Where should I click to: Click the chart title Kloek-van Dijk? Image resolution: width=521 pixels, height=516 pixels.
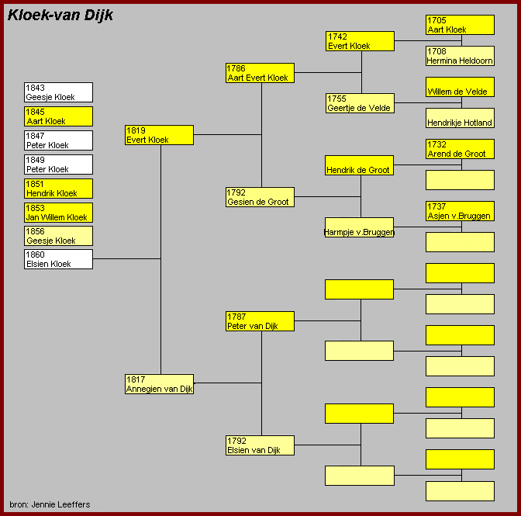click(60, 16)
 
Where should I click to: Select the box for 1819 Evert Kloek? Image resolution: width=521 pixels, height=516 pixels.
click(159, 135)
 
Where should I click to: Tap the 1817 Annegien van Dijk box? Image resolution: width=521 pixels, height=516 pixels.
click(159, 384)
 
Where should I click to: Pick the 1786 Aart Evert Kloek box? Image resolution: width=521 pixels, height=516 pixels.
click(260, 73)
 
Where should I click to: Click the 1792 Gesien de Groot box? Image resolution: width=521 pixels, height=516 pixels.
click(260, 197)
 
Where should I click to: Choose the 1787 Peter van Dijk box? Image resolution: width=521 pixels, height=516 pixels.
click(260, 321)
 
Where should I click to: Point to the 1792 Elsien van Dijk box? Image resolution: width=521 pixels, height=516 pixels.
click(260, 445)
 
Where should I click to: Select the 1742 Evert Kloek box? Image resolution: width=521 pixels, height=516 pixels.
click(360, 41)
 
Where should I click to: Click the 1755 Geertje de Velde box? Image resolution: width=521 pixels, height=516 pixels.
click(360, 103)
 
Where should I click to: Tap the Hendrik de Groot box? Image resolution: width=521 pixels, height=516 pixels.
click(359, 165)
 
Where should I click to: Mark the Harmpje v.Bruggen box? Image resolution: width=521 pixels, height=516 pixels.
click(359, 227)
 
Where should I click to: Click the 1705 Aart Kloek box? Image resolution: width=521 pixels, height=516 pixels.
click(460, 25)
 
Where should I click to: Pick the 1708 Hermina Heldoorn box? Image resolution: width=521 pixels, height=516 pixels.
click(460, 56)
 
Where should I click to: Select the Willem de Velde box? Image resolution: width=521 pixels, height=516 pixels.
click(460, 87)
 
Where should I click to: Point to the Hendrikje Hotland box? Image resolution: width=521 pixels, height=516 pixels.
click(460, 118)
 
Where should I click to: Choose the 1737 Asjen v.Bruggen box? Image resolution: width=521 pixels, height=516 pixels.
click(460, 211)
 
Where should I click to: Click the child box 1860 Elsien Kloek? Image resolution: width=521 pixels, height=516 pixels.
click(58, 259)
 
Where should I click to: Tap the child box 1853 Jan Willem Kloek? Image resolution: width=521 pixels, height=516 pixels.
click(58, 213)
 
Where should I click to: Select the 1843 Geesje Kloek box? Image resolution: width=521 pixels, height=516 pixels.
click(58, 92)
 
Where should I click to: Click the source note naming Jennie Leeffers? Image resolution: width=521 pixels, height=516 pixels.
click(50, 504)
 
